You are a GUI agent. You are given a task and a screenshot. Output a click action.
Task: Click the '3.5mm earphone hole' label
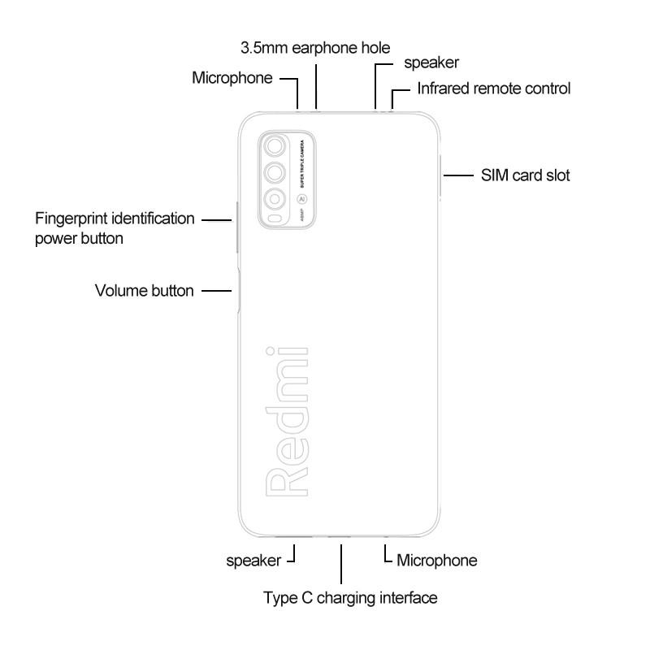tap(315, 48)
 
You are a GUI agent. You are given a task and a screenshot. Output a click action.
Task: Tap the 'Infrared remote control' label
tap(493, 88)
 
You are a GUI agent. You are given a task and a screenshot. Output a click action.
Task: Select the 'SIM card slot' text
tap(525, 175)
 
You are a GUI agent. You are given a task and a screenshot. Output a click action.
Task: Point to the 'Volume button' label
tap(145, 290)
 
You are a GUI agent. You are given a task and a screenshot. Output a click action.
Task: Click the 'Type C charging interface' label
tap(350, 598)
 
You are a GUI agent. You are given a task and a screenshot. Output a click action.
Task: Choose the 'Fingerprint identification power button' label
tap(115, 228)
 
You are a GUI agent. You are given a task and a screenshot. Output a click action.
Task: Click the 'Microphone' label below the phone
tap(436, 560)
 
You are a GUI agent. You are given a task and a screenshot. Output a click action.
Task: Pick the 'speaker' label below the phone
tap(253, 560)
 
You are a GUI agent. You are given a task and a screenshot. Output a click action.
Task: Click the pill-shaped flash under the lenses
tap(275, 219)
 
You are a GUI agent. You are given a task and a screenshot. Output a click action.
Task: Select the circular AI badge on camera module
tap(301, 197)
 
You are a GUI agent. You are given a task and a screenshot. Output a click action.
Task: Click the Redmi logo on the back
tap(286, 420)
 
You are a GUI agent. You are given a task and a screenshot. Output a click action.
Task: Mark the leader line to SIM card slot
tap(458, 175)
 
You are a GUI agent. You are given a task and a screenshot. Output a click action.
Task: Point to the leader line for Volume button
tap(216, 290)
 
